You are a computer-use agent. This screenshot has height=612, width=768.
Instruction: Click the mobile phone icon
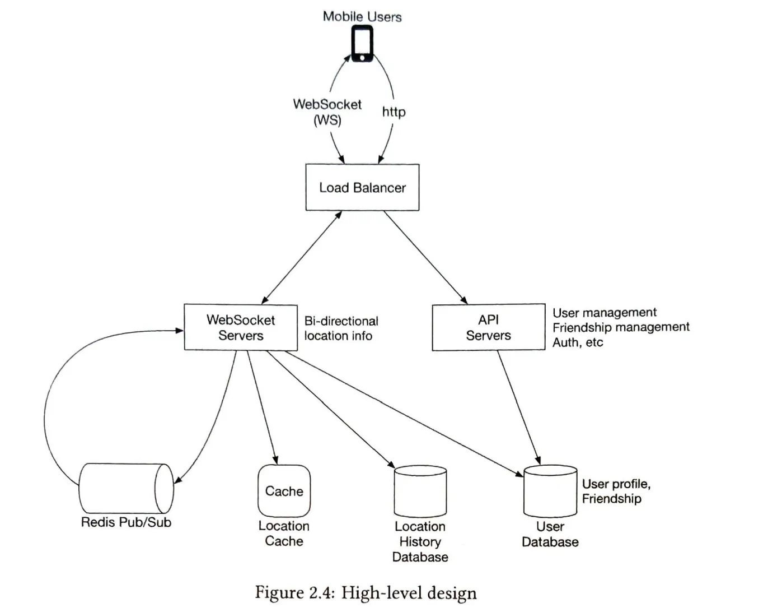pos(362,44)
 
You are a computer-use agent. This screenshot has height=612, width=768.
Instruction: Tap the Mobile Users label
pos(362,17)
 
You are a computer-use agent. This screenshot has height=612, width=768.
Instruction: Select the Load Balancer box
pos(362,187)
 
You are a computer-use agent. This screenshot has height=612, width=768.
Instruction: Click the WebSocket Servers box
pos(241,327)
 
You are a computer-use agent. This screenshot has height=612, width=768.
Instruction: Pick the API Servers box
pos(488,327)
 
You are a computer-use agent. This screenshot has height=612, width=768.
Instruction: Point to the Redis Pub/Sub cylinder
pos(126,488)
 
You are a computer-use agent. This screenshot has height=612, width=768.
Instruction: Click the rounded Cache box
pos(284,491)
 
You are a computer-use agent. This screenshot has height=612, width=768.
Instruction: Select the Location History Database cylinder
pos(420,492)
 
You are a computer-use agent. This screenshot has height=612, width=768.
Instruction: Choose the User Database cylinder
pos(550,491)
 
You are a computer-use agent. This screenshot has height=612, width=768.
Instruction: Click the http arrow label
pos(394,112)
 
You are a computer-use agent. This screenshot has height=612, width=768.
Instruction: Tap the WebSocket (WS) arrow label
pos(327,112)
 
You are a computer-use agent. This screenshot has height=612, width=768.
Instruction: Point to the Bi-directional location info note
pos(341,328)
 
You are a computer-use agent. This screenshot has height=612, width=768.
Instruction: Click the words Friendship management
pos(621,327)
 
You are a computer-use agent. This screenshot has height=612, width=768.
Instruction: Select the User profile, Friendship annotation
pos(616,491)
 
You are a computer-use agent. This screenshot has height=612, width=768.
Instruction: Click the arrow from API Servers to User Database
pos(518,407)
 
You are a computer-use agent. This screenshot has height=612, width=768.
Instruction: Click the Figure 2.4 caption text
pos(366,593)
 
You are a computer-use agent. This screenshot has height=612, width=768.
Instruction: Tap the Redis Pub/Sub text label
pos(126,522)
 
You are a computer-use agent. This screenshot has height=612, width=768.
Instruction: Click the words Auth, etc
pos(578,342)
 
